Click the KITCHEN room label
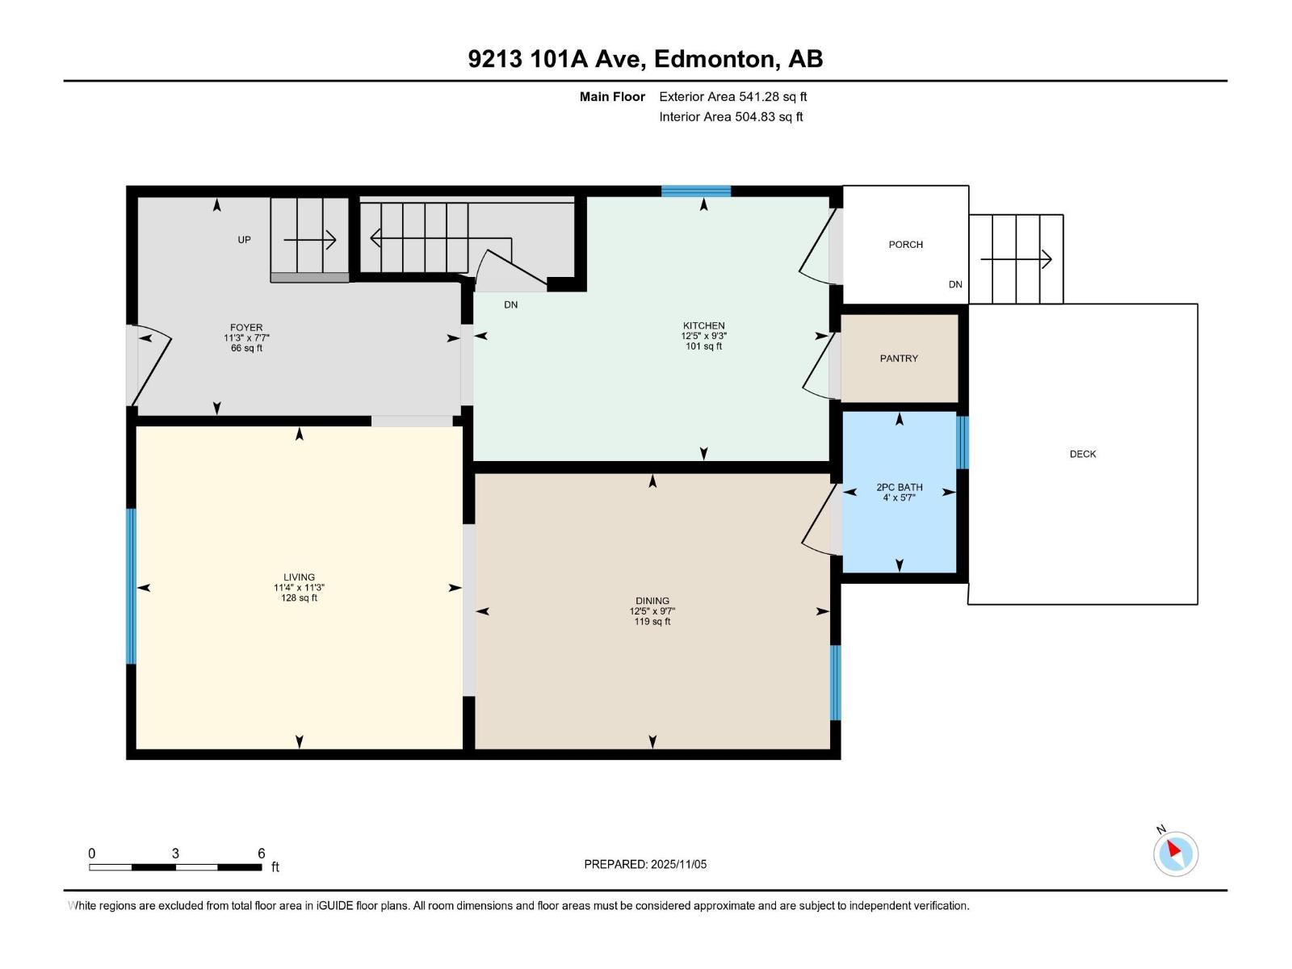click(x=703, y=325)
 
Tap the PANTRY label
click(x=899, y=359)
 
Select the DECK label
click(x=1083, y=454)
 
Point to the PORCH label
click(x=905, y=244)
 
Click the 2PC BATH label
click(x=899, y=487)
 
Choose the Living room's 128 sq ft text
click(x=299, y=598)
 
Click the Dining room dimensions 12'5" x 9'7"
click(x=652, y=611)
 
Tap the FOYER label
click(x=246, y=328)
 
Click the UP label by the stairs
click(x=244, y=240)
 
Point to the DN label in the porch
click(x=955, y=284)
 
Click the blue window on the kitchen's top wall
click(x=696, y=191)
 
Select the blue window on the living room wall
click(x=132, y=586)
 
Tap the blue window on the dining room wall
click(x=835, y=682)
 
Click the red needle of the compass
click(x=1173, y=849)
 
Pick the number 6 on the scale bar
click(x=262, y=853)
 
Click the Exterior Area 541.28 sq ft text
click(x=733, y=96)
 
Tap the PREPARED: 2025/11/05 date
click(x=645, y=864)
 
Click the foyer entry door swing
click(x=152, y=365)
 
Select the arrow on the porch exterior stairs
click(x=1016, y=259)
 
